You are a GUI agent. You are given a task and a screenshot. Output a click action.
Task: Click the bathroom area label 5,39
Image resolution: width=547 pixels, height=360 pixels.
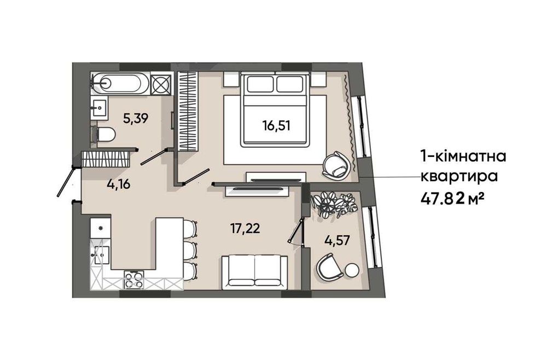(x=136, y=119)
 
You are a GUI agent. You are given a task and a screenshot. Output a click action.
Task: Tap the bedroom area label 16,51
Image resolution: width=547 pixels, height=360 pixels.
(x=276, y=125)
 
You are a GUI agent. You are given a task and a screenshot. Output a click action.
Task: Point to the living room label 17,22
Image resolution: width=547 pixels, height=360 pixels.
(x=245, y=229)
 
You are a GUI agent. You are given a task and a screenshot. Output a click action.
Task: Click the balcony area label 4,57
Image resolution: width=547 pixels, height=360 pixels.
(x=336, y=240)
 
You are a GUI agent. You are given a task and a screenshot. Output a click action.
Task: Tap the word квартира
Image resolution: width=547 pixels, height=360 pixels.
(x=459, y=177)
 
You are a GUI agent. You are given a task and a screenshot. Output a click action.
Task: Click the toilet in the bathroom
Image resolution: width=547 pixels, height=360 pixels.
(x=103, y=135)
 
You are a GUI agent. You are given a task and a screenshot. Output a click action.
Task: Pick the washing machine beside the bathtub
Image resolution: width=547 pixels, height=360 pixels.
(x=161, y=84)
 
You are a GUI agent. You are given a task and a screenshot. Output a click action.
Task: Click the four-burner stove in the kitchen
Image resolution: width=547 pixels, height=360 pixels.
(x=134, y=280)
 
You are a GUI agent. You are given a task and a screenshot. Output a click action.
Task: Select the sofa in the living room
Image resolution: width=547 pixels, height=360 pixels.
(x=255, y=272)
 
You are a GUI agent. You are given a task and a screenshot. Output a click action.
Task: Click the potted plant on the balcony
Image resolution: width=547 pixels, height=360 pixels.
(x=334, y=206)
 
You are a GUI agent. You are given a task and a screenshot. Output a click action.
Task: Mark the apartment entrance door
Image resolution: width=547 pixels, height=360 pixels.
(x=66, y=181)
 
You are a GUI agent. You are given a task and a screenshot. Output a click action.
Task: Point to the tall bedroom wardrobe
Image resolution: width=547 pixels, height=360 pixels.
(x=188, y=111)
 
